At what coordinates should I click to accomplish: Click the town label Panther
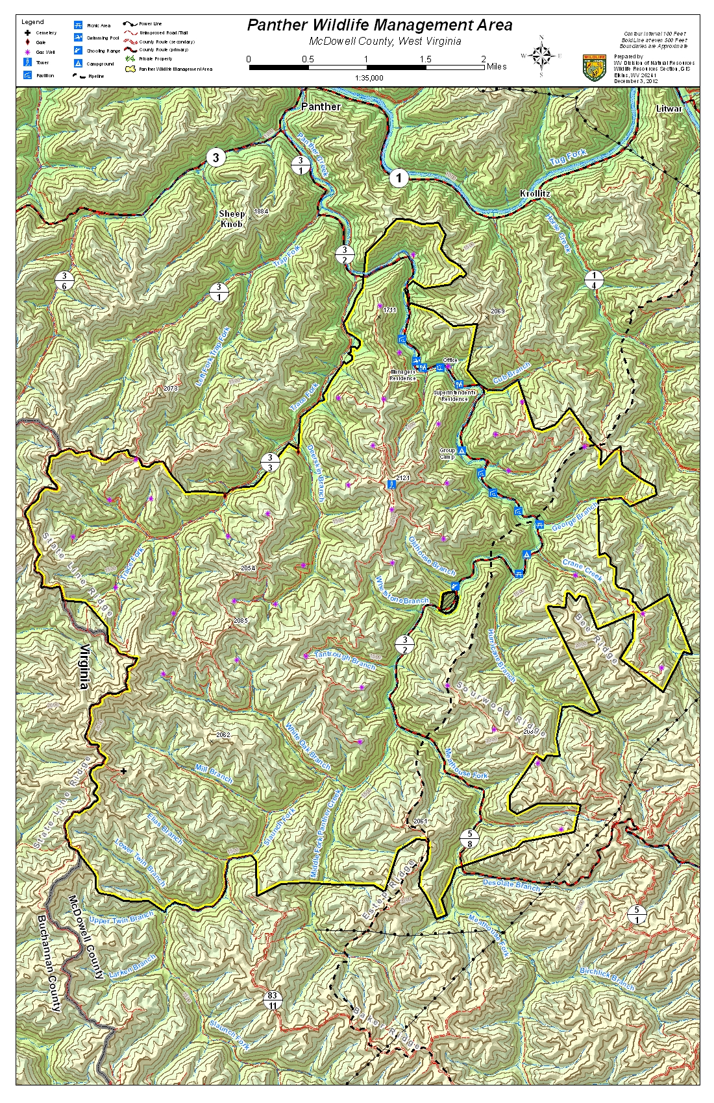[321, 106]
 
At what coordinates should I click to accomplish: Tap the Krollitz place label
[535, 193]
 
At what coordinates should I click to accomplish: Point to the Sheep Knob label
[232, 219]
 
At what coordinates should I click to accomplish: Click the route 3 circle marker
[215, 157]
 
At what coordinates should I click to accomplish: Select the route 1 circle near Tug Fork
[399, 177]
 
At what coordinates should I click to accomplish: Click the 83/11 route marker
[272, 1000]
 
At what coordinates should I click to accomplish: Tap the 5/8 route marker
[470, 838]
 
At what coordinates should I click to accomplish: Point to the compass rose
[541, 56]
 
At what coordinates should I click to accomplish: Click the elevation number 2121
[402, 478]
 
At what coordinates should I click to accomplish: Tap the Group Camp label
[447, 453]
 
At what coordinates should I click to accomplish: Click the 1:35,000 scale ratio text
[369, 78]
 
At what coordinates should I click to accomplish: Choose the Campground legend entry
[100, 64]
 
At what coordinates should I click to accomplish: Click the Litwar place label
[669, 108]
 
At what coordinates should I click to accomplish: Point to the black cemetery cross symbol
[123, 771]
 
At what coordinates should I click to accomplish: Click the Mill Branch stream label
[214, 773]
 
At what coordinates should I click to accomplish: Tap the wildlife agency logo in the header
[594, 67]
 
